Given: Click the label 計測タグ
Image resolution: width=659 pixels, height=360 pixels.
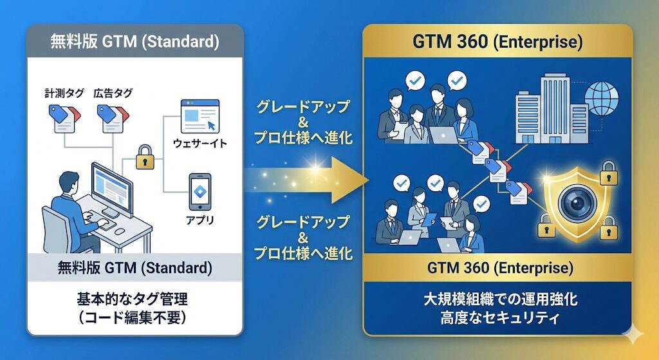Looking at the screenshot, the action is [x=64, y=93].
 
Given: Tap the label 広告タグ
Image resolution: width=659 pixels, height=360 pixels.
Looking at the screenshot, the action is [x=113, y=93].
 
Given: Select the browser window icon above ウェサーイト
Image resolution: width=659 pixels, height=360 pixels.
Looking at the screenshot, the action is [x=200, y=116].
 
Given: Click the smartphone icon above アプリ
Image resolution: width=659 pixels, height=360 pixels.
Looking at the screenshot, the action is [x=200, y=192].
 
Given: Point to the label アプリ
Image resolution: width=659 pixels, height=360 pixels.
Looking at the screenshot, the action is [x=200, y=220].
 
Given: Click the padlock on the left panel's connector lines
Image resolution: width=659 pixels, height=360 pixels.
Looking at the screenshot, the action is [x=145, y=157].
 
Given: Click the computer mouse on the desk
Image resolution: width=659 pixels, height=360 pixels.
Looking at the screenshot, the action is [x=120, y=231].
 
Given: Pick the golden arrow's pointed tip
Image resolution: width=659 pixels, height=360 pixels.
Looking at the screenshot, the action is [x=368, y=180].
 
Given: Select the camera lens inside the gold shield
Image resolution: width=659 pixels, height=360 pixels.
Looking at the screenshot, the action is [x=577, y=204].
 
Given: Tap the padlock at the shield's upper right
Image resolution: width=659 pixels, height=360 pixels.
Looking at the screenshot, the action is [x=608, y=173].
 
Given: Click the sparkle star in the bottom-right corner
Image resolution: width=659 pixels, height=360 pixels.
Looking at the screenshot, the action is [x=633, y=335].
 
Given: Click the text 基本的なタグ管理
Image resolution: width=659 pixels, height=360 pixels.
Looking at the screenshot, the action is [x=132, y=299].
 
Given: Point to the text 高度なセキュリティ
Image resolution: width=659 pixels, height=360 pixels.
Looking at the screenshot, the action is [x=500, y=317].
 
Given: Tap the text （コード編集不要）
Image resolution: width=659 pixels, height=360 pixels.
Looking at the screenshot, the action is [x=132, y=317].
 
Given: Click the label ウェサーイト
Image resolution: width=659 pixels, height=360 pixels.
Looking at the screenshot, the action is [x=200, y=144].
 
